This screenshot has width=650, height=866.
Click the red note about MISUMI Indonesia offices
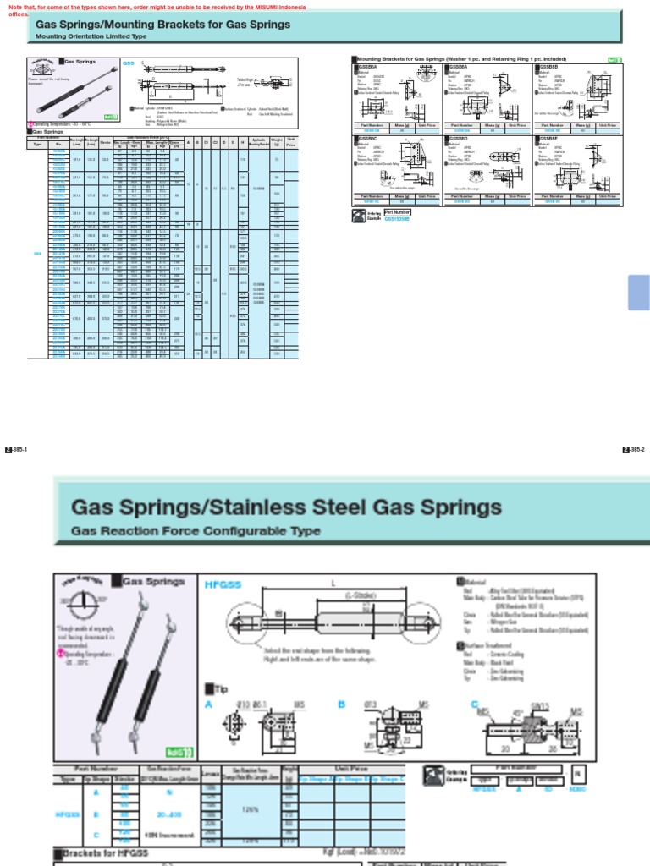pos(169,9)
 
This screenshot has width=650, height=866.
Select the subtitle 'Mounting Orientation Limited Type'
pos(91,37)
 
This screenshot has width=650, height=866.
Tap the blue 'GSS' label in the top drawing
pos(129,63)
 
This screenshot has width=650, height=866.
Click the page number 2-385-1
pos(16,449)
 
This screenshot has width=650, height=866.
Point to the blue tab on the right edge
pos(638,292)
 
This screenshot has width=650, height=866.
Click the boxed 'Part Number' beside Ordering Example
pos(397,212)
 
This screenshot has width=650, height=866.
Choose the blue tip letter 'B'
pos(342,703)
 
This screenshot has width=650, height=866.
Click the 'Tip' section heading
pos(217,688)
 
